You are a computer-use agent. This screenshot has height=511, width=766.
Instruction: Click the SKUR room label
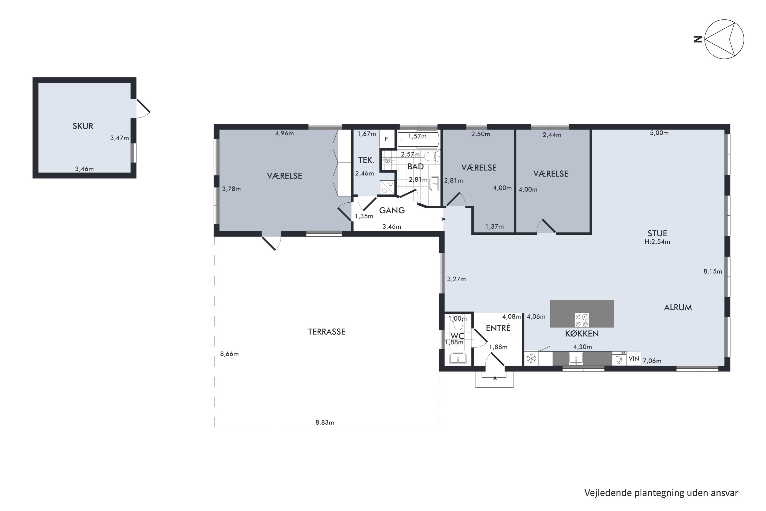coord(83,126)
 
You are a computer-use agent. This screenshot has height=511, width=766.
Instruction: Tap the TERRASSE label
coord(327,332)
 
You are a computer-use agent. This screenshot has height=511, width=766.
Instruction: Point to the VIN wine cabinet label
coord(634,359)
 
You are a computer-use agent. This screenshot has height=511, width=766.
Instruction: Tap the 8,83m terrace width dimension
coord(325,423)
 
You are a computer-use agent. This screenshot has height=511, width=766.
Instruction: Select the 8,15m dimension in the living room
coord(713,271)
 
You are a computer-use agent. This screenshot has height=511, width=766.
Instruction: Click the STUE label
coord(657,233)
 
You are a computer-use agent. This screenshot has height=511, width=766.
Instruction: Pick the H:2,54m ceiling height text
coord(657,242)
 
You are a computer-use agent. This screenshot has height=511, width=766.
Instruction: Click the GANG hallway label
coord(392,211)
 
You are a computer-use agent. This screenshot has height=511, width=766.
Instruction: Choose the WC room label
coord(457,336)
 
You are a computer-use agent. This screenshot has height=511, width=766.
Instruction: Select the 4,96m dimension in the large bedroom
coord(285,133)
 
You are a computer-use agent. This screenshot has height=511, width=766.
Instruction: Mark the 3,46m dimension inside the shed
coord(84,169)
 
